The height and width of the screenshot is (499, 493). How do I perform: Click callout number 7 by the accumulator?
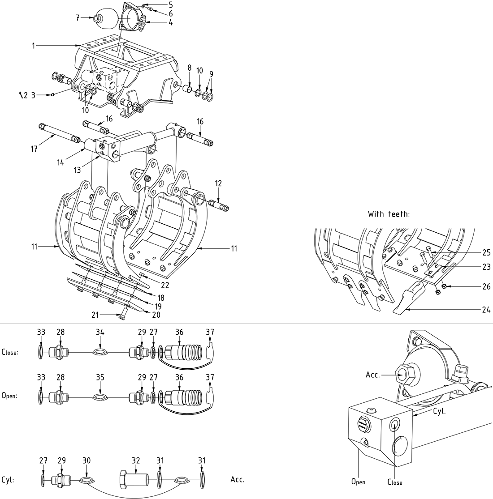77,18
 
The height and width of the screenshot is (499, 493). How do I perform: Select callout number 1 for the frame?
34,45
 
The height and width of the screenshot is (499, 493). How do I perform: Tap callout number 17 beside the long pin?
35,149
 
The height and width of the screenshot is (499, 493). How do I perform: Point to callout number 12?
218,184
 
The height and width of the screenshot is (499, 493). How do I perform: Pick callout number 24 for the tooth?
486,309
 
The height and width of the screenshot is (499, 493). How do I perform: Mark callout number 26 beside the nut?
486,287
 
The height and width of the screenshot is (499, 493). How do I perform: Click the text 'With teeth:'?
389,214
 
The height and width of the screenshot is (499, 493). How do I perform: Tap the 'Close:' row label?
10,352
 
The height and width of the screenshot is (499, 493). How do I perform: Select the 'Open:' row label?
9,396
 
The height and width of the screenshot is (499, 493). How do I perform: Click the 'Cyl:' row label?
8,480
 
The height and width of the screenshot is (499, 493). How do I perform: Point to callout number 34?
100,332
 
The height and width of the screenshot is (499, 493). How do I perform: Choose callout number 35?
100,377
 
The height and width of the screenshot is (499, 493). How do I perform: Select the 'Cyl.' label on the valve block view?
439,411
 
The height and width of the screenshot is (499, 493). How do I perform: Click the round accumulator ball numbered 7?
108,17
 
